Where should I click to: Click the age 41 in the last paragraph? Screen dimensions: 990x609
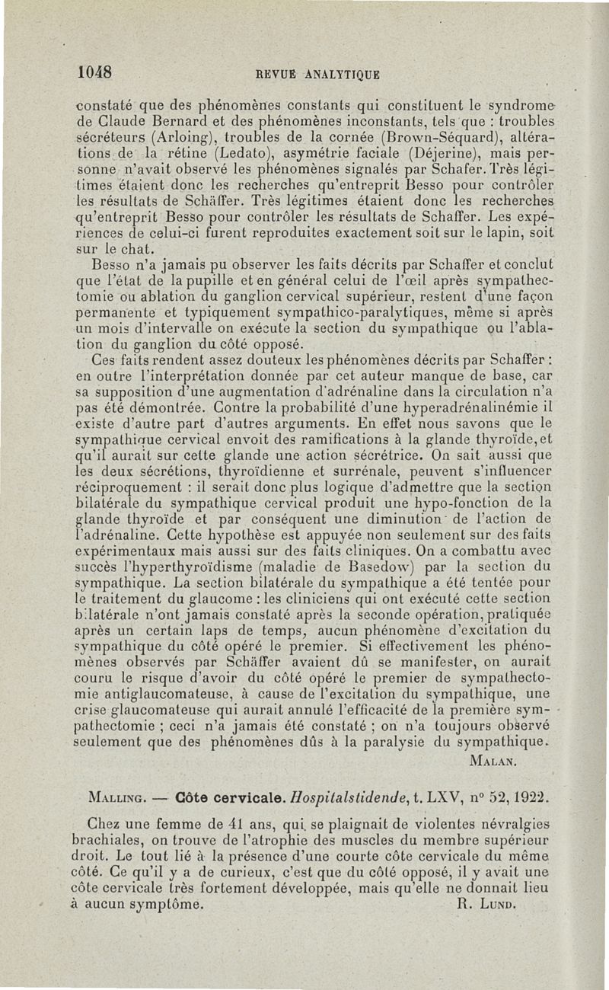222,824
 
